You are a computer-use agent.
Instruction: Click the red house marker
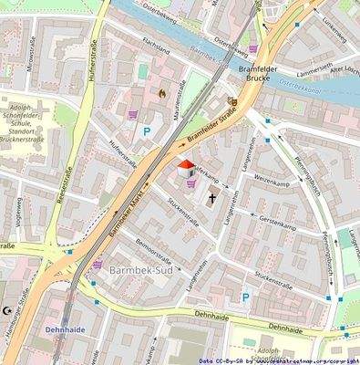184,167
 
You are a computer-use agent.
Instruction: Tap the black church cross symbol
212,196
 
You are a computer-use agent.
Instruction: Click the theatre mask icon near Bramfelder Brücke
232,103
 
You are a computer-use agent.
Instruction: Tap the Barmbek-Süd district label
138,273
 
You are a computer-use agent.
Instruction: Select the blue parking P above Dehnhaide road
244,297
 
